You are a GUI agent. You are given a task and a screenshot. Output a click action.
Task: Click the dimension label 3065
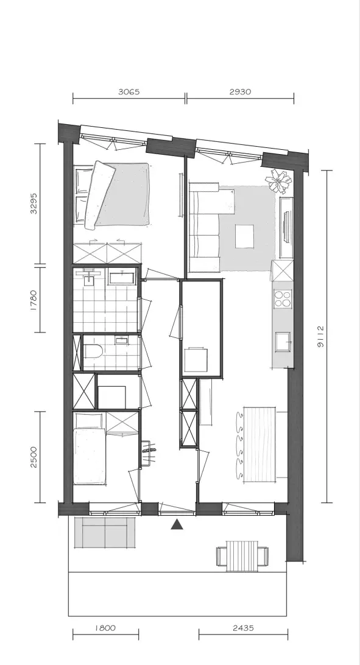[129, 91]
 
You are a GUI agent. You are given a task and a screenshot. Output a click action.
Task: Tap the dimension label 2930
[240, 91]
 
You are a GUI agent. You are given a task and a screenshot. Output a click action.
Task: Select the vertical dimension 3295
[34, 204]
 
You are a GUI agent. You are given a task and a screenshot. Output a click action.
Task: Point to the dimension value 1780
[34, 300]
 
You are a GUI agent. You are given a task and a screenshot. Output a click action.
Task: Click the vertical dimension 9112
[320, 337]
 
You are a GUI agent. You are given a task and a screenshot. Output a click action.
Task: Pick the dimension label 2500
[34, 457]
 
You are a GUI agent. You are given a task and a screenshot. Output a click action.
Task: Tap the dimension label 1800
[105, 628]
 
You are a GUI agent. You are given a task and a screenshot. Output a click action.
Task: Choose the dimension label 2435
[244, 628]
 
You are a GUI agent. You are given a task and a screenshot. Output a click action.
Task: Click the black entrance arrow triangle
[177, 524]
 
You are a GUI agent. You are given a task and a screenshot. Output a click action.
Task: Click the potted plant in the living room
[278, 181]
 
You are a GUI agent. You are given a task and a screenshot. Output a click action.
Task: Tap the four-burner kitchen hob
[283, 298]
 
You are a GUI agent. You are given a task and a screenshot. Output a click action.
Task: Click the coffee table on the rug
[245, 236]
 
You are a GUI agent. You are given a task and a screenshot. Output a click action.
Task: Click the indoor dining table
[260, 444]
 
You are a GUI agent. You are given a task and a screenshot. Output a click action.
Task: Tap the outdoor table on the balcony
[242, 555]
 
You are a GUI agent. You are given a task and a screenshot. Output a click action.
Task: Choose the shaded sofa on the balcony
[105, 532]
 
